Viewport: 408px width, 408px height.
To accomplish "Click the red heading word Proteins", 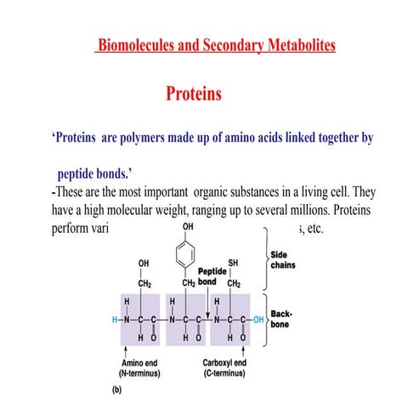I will (194, 93).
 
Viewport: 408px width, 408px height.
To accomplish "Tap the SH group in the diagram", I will (233, 263).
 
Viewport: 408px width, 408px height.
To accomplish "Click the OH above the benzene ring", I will (186, 228).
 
